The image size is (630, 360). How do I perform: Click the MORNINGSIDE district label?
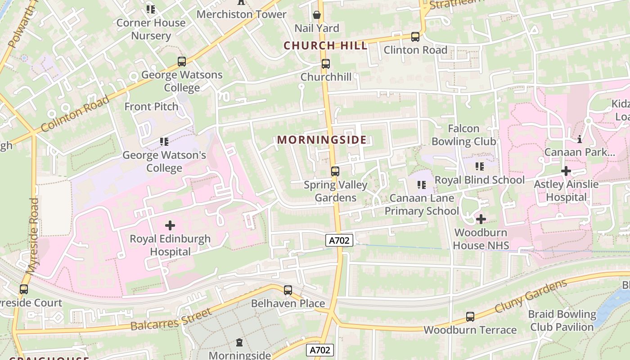[322, 140]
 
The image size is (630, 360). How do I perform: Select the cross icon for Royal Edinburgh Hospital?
[170, 225]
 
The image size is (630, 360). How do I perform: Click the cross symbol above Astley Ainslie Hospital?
[566, 171]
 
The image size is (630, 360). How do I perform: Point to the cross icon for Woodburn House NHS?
[481, 219]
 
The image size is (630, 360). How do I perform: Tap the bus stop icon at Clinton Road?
[415, 37]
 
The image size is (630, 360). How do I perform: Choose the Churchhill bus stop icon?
[325, 64]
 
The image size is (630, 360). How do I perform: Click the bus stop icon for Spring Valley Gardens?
[335, 171]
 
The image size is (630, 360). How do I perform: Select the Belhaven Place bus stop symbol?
[288, 290]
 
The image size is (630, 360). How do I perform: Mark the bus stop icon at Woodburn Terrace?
[470, 317]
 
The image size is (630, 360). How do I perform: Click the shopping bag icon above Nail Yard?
[317, 15]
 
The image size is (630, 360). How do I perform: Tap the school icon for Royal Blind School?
[480, 166]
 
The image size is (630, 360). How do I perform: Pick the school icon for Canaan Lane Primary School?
[422, 184]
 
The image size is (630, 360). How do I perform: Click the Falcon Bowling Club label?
[463, 135]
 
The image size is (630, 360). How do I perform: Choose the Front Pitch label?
[151, 107]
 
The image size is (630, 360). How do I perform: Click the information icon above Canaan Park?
[580, 139]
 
